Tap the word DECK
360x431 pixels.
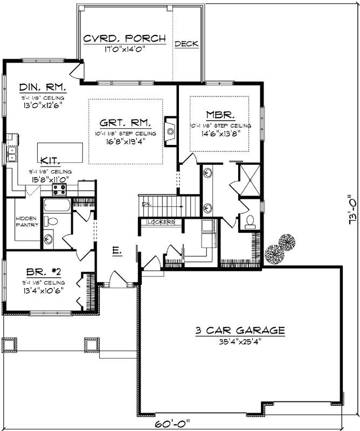(186, 44)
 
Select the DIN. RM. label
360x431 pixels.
(43, 87)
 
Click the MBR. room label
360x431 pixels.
(219, 115)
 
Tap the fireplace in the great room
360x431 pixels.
(170, 130)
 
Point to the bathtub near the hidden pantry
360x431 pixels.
(56, 205)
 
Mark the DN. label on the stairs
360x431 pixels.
(146, 205)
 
